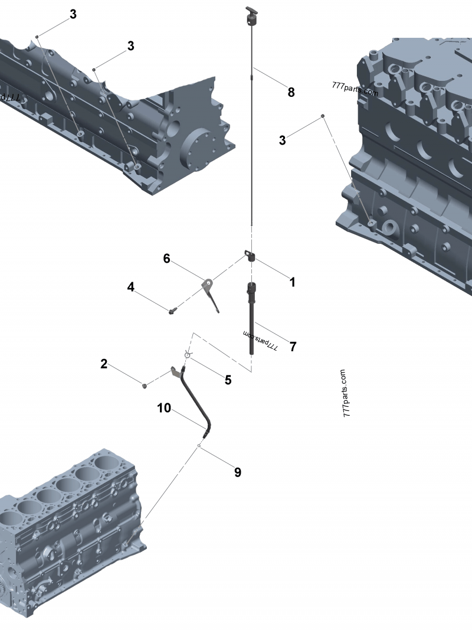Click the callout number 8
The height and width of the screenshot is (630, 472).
tap(291, 93)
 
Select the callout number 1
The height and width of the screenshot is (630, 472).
tap(293, 282)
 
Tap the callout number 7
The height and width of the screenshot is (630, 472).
tap(293, 347)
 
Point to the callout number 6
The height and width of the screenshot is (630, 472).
tap(166, 259)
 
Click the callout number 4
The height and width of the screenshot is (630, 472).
tap(130, 287)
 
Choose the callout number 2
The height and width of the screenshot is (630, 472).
tap(104, 364)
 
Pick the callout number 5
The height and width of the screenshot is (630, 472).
tap(228, 380)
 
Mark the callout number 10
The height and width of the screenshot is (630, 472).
tap(164, 408)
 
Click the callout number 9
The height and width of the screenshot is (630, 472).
tap(238, 472)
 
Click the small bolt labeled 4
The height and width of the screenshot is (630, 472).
tap(172, 310)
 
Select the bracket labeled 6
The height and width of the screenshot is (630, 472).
tap(211, 295)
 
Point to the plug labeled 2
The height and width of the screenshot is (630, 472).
tap(145, 386)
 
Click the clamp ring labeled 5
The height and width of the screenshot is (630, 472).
tap(187, 354)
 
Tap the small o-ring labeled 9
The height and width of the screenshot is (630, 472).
tap(199, 446)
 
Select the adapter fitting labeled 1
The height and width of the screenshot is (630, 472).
tap(250, 256)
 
